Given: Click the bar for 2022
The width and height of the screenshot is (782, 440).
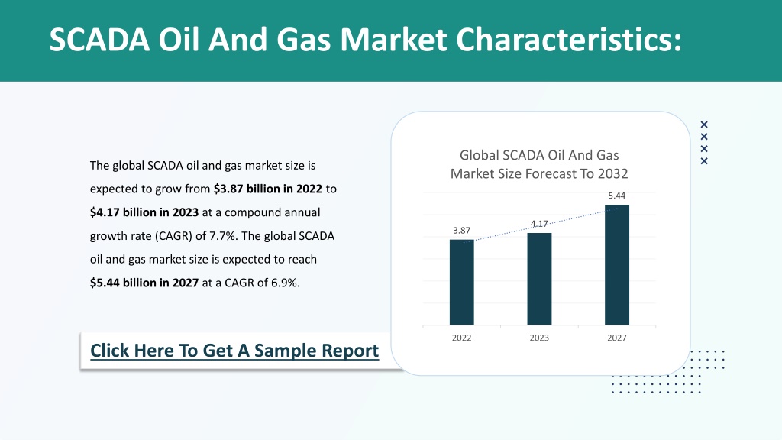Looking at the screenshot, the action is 462,283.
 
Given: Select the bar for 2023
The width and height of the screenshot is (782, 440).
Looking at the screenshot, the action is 539,279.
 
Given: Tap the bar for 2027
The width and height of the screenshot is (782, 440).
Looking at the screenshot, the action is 617,265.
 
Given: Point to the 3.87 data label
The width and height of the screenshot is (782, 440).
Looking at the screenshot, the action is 461,231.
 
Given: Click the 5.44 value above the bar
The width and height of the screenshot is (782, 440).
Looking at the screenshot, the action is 617,196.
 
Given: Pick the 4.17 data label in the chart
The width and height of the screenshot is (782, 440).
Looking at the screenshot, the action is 539,224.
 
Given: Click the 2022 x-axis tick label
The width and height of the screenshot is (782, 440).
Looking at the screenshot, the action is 461,338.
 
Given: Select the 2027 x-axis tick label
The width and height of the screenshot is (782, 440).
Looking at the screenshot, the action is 617,338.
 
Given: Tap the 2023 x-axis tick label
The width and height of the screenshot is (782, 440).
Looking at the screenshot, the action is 539,338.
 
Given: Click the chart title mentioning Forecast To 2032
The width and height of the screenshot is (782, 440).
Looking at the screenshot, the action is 539,164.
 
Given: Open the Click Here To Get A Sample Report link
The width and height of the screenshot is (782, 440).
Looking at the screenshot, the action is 234,351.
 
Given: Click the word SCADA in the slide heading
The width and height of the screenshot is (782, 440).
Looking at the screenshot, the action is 99,40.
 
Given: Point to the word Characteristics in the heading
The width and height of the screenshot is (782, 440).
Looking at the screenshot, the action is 568,40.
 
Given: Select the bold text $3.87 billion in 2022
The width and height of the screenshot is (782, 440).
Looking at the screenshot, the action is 268,189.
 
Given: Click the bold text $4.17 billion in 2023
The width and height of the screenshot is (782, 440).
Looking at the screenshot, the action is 144,212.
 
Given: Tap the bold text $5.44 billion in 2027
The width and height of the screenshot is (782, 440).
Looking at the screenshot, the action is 144,283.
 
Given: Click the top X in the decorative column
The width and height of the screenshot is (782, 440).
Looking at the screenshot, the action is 704,125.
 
